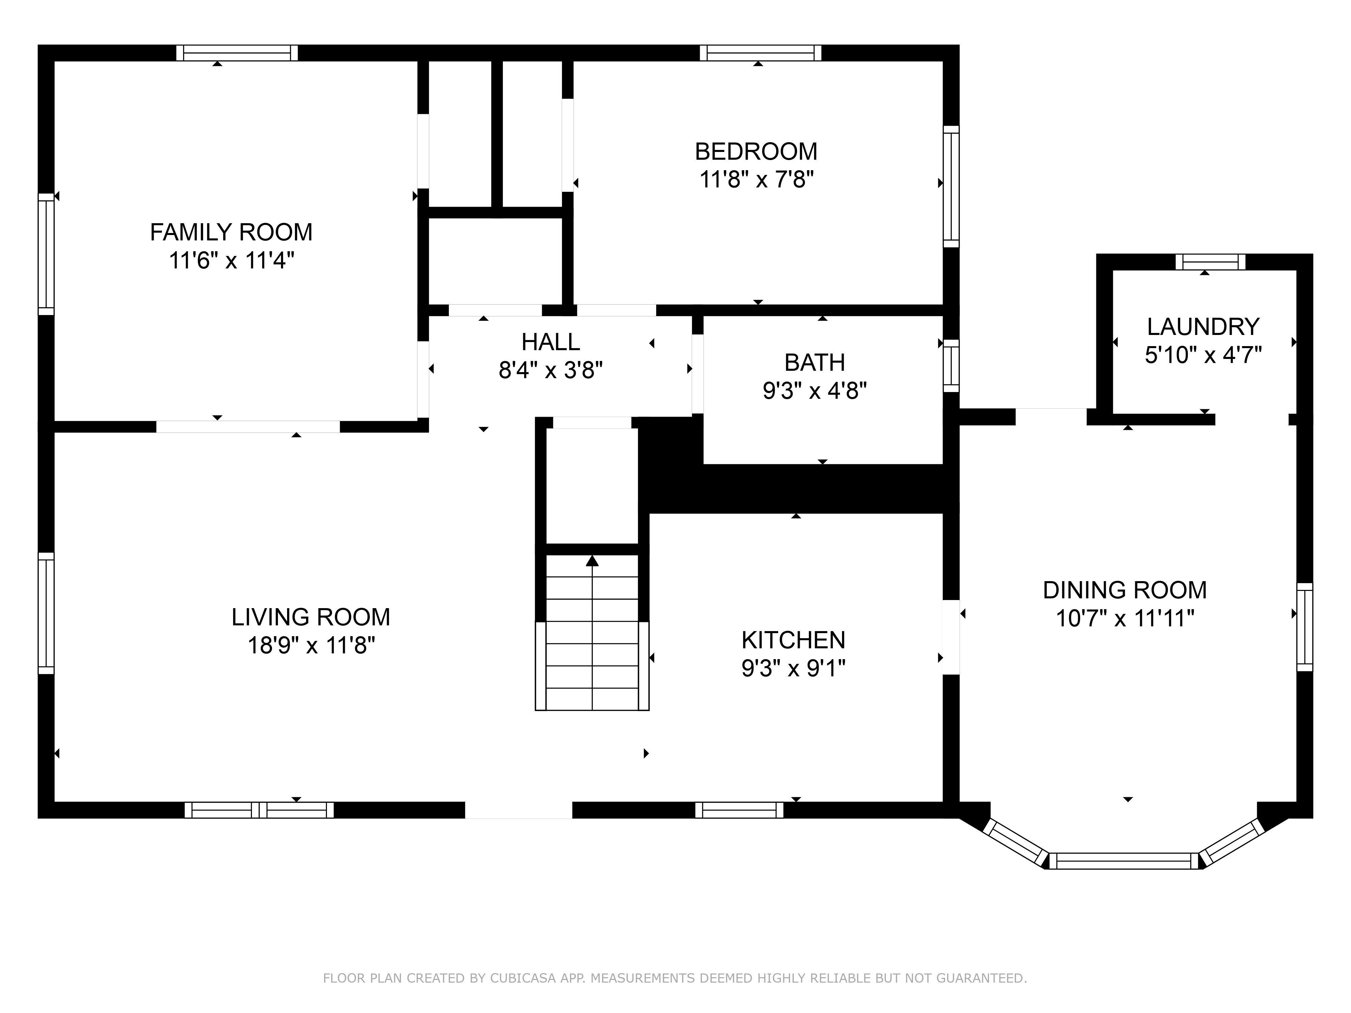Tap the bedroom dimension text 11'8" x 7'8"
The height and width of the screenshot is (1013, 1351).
[x=756, y=180]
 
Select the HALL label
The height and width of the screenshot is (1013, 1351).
[x=550, y=342]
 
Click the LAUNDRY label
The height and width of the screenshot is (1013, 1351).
[x=1203, y=327]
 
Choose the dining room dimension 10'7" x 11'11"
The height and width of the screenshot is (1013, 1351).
[x=1124, y=619]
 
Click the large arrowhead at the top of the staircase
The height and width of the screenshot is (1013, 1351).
[x=592, y=561]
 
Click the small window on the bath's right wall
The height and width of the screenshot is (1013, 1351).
[x=951, y=366]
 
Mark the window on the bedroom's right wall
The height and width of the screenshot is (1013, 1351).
[x=951, y=186]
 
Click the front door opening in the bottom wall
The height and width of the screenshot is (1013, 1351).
[x=518, y=810]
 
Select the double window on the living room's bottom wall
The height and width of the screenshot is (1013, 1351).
[x=259, y=810]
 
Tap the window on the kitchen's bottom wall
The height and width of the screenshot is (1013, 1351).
[x=739, y=810]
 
